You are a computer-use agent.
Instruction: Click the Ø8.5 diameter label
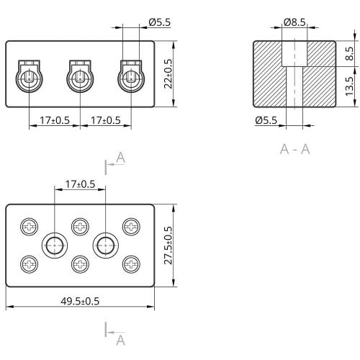[294, 22]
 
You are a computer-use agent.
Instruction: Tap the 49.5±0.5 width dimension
[80, 301]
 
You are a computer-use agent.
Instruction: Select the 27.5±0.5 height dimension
[168, 246]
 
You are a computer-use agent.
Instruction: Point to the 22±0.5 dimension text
[168, 73]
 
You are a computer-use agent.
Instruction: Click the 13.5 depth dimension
[349, 86]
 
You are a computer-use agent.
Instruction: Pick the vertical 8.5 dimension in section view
[349, 53]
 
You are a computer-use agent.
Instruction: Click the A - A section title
[295, 149]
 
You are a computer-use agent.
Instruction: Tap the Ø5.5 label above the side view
[160, 22]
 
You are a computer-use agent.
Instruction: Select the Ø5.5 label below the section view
[266, 120]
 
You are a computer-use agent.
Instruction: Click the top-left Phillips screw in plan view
[29, 227]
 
